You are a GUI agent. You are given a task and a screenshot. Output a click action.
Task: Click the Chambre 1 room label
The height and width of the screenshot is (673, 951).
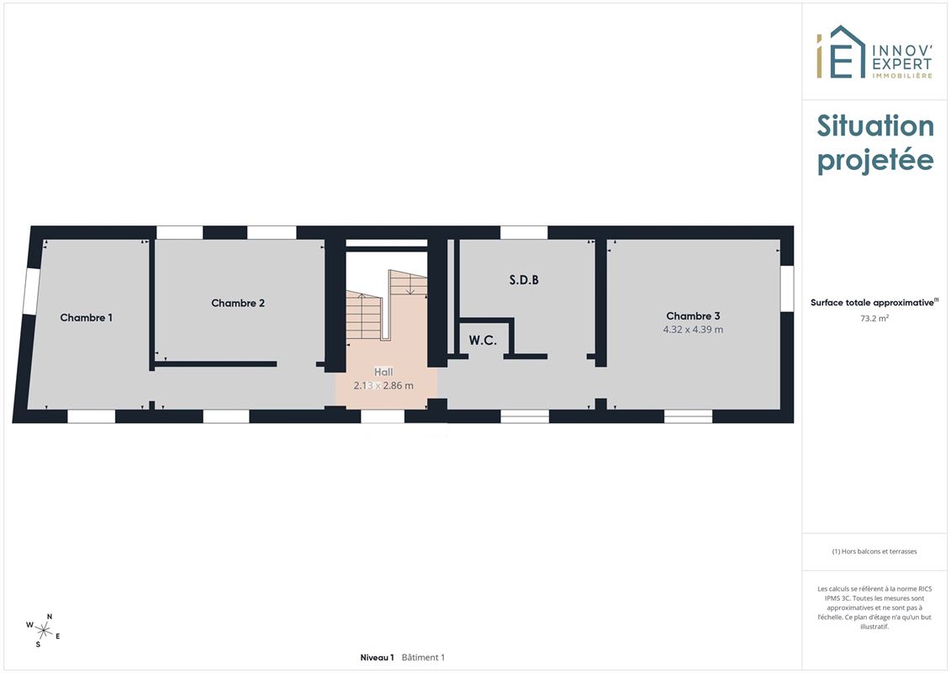tap(86, 317)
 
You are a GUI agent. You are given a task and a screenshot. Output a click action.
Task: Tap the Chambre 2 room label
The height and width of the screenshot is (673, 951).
tap(238, 303)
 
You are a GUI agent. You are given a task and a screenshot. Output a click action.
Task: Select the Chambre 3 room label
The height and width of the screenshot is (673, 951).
tap(693, 315)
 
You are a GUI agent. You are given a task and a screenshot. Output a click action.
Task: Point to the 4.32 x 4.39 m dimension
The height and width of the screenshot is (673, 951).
tap(693, 330)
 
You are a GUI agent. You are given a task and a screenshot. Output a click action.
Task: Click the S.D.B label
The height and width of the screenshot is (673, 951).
tap(524, 280)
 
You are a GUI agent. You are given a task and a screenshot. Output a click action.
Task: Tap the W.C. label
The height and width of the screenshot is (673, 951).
tap(483, 341)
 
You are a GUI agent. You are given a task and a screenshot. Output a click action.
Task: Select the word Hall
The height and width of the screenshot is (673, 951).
tap(383, 372)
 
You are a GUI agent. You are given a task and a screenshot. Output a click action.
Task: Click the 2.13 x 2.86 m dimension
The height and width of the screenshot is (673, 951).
tap(383, 385)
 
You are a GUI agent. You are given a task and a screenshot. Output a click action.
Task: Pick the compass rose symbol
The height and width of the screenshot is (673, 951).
tap(43, 631)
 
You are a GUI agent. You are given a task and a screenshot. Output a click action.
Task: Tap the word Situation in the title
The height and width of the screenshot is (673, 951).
tap(875, 125)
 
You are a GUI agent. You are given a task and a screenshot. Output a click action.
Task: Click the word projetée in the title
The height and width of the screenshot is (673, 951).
tap(875, 161)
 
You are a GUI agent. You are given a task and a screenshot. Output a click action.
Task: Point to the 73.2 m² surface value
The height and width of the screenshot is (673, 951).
tap(874, 318)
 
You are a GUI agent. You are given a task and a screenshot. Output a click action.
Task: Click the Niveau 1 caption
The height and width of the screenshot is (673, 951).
tap(377, 657)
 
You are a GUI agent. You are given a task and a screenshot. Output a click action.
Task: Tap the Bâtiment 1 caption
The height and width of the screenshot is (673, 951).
tap(423, 657)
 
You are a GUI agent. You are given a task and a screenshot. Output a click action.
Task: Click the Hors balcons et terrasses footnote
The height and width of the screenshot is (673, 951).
tap(874, 552)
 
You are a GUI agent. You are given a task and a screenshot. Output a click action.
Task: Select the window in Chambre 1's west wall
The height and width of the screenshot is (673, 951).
tap(31, 291)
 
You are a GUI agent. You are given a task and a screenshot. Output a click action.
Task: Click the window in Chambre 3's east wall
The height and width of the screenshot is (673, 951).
tap(787, 289)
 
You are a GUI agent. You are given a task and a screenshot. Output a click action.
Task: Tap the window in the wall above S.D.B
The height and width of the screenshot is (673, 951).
tap(524, 232)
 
